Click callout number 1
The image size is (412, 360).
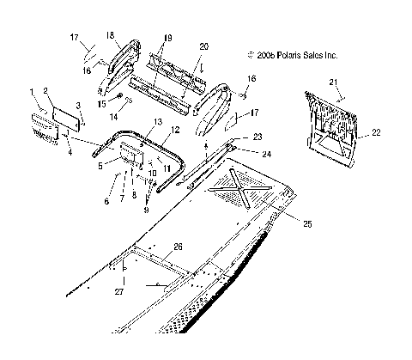(33, 90)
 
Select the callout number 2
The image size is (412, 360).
(47, 90)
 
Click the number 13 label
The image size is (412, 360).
(157, 122)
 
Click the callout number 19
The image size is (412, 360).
(167, 39)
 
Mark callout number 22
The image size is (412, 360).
(376, 133)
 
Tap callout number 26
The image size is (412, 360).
(178, 247)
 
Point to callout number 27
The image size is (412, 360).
(121, 292)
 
